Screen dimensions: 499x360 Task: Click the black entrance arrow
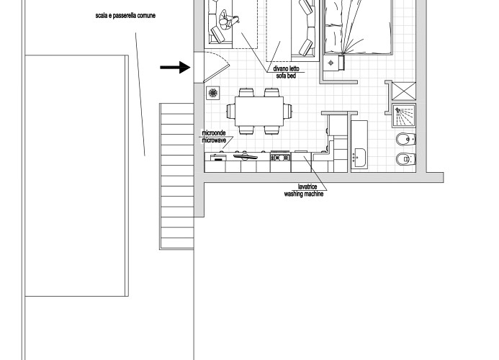(176, 67)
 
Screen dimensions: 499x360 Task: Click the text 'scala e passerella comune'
(125, 16)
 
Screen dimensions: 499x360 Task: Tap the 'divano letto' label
(286, 68)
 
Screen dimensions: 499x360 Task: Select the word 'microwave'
(214, 140)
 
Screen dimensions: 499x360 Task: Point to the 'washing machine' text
(304, 194)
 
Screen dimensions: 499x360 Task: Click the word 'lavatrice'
(307, 186)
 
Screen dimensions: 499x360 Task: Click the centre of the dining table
(259, 112)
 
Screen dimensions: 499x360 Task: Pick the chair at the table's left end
(230, 112)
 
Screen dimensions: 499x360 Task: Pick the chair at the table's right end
(288, 112)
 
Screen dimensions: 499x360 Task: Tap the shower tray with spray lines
(404, 115)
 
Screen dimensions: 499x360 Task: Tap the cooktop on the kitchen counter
(280, 156)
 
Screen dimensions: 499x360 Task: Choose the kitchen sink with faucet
(245, 156)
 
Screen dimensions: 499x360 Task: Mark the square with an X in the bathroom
(404, 91)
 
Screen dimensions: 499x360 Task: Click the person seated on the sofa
(228, 21)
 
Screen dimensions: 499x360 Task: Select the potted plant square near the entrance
(213, 93)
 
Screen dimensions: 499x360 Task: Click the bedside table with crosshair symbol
(331, 63)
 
